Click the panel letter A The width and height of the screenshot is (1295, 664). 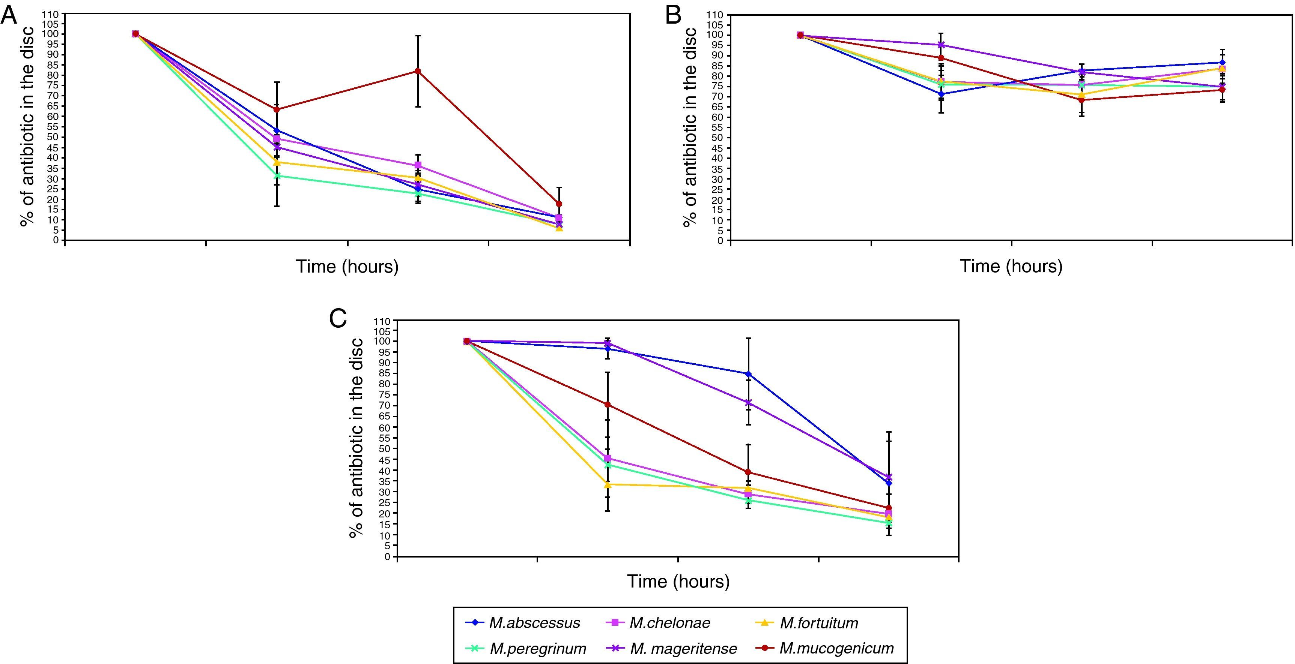point(9,16)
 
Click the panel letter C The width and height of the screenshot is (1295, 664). point(338,318)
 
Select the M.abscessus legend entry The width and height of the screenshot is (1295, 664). point(534,623)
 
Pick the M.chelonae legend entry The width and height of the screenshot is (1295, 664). point(669,623)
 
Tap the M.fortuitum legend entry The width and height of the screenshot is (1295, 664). point(818,623)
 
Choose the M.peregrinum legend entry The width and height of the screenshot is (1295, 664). point(537,648)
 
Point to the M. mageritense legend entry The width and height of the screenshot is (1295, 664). point(683,648)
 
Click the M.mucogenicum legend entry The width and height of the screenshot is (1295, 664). point(836,648)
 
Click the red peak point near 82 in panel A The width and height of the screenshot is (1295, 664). point(417,71)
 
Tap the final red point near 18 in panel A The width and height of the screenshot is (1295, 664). point(558,204)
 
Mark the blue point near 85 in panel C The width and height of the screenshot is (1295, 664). point(748,374)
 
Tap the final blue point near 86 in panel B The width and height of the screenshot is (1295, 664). point(1222,63)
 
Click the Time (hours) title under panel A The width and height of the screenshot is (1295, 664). point(347,266)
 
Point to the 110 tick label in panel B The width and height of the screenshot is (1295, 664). point(717,15)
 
